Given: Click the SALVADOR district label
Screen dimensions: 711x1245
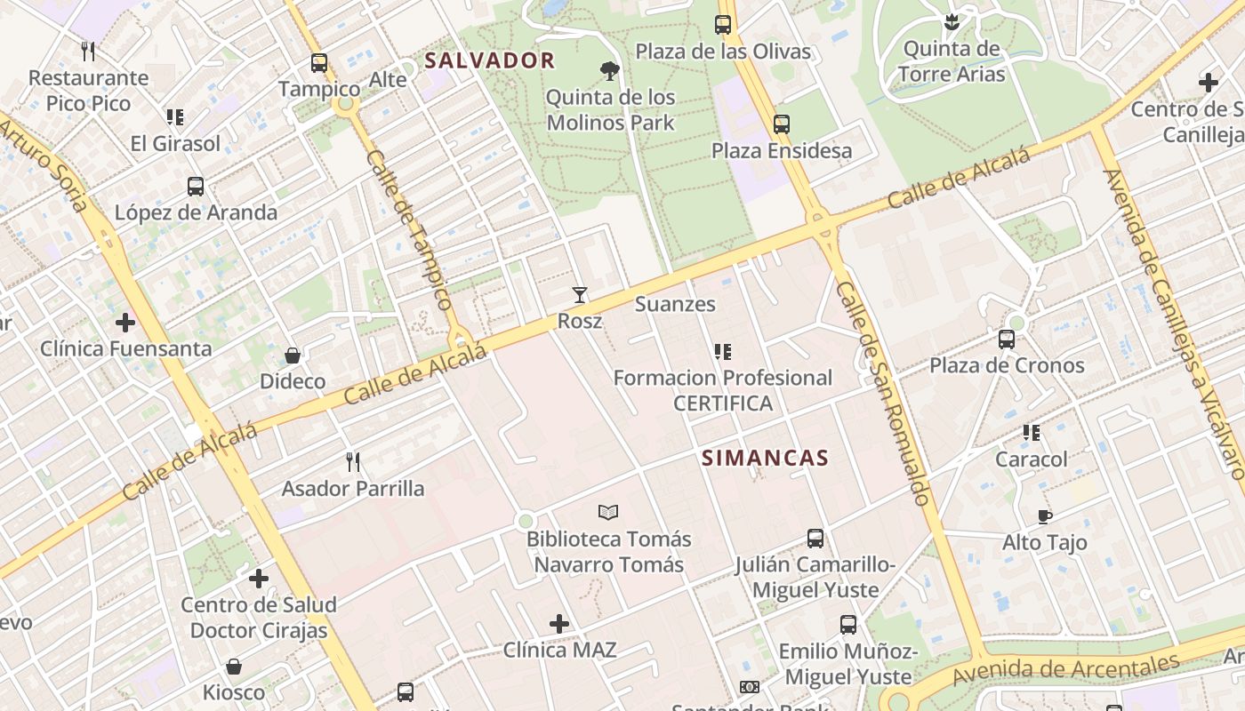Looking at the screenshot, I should pyautogui.click(x=490, y=61).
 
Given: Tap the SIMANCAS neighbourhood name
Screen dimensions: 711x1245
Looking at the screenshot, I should pyautogui.click(x=765, y=459).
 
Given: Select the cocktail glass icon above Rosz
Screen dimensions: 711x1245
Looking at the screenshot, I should pyautogui.click(x=580, y=294).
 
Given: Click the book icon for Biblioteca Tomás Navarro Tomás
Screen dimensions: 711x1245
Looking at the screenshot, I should pyautogui.click(x=608, y=512).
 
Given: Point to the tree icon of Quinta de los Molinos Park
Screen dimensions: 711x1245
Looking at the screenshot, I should pyautogui.click(x=609, y=70).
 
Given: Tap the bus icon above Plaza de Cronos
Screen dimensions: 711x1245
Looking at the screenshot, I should pyautogui.click(x=1007, y=339).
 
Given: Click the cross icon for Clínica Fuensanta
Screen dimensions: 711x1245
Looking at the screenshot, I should pyautogui.click(x=125, y=322).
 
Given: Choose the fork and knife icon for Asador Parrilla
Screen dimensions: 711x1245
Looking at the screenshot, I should pyautogui.click(x=353, y=461).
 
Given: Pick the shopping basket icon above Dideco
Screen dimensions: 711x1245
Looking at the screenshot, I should pyautogui.click(x=293, y=355).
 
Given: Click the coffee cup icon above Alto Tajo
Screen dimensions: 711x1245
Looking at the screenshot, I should pyautogui.click(x=1045, y=516).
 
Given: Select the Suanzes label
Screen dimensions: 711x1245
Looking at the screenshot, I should pyautogui.click(x=675, y=304).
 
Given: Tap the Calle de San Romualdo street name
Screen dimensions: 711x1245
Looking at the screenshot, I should pyautogui.click(x=884, y=394).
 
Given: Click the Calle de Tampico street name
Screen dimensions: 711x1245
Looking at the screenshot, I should pyautogui.click(x=409, y=229).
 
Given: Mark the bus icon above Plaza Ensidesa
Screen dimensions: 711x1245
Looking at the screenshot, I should pyautogui.click(x=782, y=124).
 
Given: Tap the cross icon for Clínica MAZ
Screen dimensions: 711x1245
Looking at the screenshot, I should pyautogui.click(x=559, y=624).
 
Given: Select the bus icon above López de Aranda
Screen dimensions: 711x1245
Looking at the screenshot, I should pyautogui.click(x=196, y=187).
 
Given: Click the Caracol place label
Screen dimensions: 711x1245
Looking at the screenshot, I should pyautogui.click(x=1031, y=459).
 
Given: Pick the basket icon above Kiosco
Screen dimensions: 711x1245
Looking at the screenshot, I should pyautogui.click(x=234, y=666).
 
